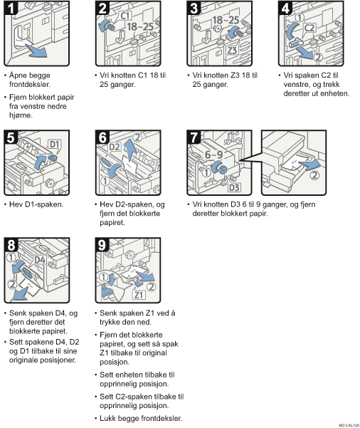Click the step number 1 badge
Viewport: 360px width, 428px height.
click(x=11, y=8)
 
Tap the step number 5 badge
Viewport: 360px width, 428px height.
click(x=11, y=137)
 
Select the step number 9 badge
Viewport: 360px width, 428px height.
click(x=102, y=244)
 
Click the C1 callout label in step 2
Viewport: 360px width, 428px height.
click(x=125, y=16)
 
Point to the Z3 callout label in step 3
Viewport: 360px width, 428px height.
click(x=232, y=51)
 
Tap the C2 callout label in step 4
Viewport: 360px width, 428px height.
click(x=309, y=28)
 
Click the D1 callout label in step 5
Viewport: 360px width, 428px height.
click(x=55, y=145)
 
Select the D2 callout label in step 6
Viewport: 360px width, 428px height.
click(x=115, y=147)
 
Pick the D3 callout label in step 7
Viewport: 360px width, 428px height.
click(x=234, y=187)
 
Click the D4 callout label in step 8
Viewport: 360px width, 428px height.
click(x=40, y=260)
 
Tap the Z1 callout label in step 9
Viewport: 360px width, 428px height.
click(x=139, y=295)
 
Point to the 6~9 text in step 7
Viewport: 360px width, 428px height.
click(x=214, y=155)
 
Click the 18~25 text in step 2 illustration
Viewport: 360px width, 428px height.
click(x=140, y=27)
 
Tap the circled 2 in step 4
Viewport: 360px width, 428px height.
click(x=318, y=57)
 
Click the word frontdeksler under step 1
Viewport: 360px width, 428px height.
click(x=30, y=84)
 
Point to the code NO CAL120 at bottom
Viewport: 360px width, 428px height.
click(x=349, y=425)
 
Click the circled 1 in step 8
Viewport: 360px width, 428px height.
click(x=11, y=257)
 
